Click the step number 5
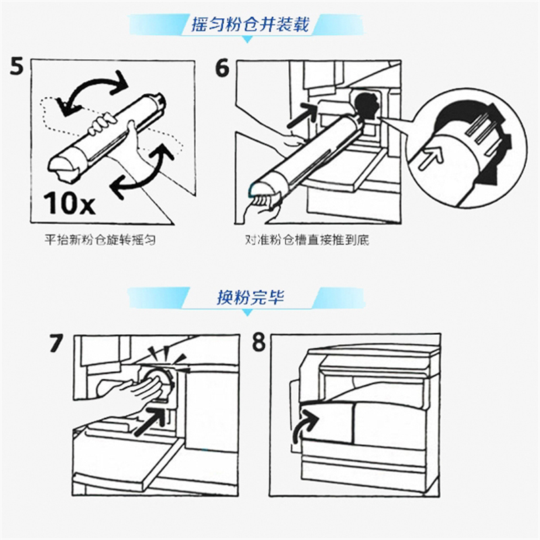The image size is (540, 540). [x=17, y=66]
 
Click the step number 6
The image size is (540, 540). [x=222, y=68]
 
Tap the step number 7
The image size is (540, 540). [x=56, y=344]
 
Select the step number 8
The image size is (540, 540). [x=259, y=343]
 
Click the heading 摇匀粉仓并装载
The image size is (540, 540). [x=250, y=24]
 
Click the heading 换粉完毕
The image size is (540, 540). [x=250, y=297]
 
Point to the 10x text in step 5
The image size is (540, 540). [x=69, y=203]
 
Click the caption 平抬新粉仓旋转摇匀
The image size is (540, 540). [x=100, y=240]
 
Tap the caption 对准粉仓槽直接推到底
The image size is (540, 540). [x=307, y=240]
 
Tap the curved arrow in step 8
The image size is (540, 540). [x=303, y=427]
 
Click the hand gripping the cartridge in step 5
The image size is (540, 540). [x=101, y=125]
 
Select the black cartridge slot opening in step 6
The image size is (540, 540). [x=366, y=105]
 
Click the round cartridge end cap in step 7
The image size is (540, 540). [x=158, y=381]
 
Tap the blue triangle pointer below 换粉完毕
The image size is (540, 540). [x=247, y=313]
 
